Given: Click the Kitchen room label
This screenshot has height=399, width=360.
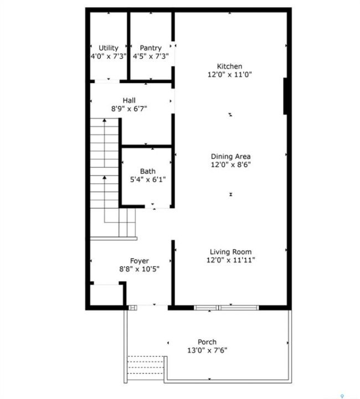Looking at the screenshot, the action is (229, 66).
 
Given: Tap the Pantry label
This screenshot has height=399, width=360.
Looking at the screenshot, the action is (151, 48).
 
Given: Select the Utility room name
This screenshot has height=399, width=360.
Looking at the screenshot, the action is (109, 48).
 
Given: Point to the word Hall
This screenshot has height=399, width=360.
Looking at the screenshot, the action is (129, 100).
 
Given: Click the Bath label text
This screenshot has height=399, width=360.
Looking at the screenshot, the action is (148, 171).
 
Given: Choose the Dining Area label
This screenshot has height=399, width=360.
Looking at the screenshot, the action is (230, 156).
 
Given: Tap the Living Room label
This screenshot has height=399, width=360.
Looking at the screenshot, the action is (230, 252).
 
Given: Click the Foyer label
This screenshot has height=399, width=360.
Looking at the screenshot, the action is (140, 261).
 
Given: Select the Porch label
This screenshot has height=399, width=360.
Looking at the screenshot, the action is (207, 342).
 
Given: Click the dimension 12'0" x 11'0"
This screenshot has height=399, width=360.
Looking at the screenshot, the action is (230, 75).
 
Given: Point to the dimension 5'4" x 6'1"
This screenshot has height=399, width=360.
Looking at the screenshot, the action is (148, 180).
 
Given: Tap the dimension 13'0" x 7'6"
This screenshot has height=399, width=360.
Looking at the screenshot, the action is (207, 350).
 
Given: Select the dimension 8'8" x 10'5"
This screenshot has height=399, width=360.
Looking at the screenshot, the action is (140, 269).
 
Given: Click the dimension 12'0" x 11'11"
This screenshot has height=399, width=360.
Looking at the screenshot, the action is (230, 260).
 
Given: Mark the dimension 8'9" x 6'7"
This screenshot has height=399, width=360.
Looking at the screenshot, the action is (129, 109).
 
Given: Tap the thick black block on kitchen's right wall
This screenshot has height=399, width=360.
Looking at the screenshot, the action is (286, 96).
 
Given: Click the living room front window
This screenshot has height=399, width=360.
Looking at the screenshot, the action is (227, 308).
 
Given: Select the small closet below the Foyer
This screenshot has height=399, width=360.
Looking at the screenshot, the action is (107, 295).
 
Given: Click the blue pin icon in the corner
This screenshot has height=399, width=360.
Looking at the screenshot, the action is (342, 396).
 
